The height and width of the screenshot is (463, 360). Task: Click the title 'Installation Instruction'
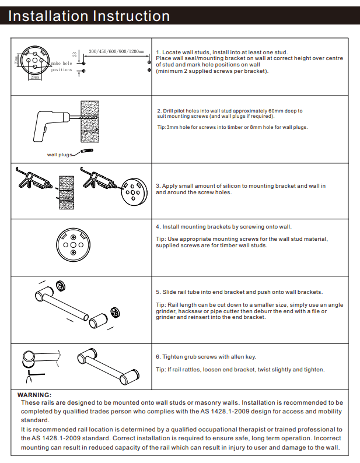89,16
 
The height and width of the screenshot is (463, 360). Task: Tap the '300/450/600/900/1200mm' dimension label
116,52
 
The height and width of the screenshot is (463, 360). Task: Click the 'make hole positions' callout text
61,66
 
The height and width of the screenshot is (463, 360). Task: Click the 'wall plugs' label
58,155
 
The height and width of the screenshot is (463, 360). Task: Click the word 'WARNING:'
34,395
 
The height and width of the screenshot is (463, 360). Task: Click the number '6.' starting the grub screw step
158,357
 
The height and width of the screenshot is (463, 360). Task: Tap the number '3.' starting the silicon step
158,186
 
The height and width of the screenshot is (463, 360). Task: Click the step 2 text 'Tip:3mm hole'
174,127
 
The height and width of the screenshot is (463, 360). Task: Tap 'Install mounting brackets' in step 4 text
195,226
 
